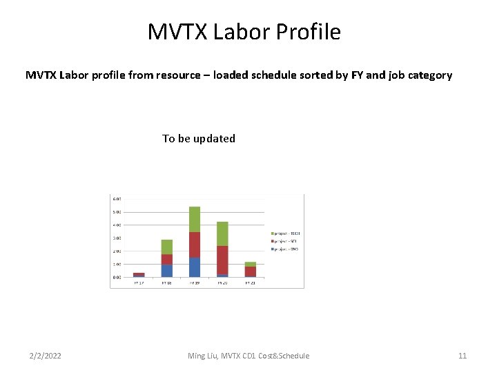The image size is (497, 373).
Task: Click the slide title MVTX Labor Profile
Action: click(x=244, y=32)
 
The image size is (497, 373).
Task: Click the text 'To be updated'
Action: click(x=199, y=138)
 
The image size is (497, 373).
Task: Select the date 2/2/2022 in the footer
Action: click(x=45, y=356)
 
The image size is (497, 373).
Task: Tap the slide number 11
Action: click(x=462, y=356)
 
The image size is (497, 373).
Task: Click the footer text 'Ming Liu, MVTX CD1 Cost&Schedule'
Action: click(x=248, y=356)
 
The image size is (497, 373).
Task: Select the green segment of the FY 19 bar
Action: click(x=195, y=219)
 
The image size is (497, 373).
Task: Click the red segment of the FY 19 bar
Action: click(x=195, y=245)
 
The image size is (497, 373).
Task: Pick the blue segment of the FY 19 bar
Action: click(x=195, y=267)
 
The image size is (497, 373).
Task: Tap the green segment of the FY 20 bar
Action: click(x=222, y=233)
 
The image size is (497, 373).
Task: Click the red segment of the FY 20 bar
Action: click(x=222, y=260)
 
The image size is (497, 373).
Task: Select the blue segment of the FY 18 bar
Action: click(x=167, y=270)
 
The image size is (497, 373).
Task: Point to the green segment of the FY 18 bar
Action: click(x=167, y=247)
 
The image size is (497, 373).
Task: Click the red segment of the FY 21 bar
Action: click(x=250, y=271)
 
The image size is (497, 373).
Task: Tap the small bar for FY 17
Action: click(x=139, y=274)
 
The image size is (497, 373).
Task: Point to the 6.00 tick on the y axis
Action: click(x=117, y=199)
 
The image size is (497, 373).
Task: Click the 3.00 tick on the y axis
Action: click(x=117, y=238)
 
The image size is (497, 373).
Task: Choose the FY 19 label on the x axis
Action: click(x=195, y=283)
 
